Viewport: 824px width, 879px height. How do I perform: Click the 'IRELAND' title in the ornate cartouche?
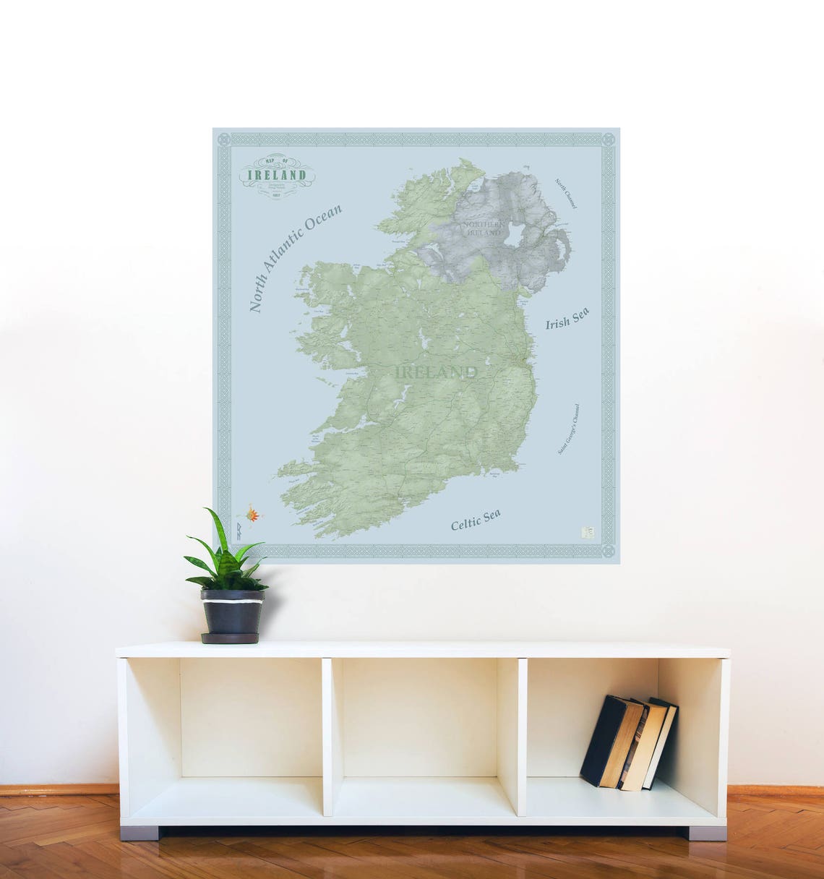pos(277,175)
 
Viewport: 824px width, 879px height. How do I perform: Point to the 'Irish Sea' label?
pos(567,318)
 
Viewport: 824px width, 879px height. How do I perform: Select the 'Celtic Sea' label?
pos(476,519)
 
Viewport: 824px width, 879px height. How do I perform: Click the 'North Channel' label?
pos(566,194)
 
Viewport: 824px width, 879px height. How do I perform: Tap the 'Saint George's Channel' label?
pos(569,429)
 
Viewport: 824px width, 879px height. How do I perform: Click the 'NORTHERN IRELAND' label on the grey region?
pos(486,228)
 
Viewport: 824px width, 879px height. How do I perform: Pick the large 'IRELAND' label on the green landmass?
pos(437,372)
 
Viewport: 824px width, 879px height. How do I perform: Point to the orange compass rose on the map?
pos(252,515)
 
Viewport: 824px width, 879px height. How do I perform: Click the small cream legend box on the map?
pos(588,531)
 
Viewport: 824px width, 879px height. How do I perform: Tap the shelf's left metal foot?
pos(140,832)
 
